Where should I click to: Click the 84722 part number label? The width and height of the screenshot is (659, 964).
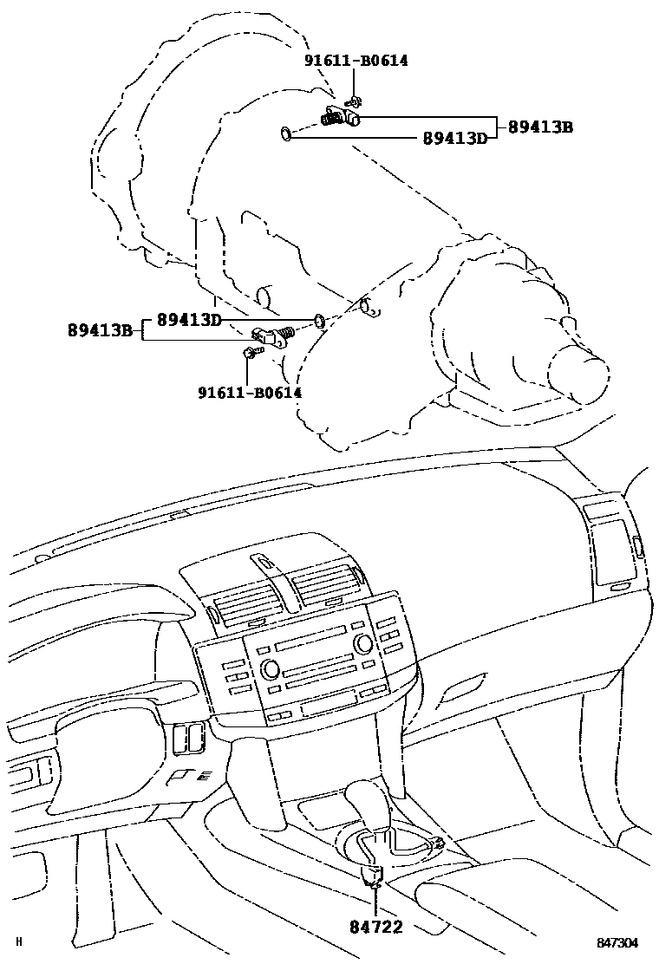tap(377, 928)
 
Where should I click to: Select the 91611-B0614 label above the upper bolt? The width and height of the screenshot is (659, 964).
tap(356, 61)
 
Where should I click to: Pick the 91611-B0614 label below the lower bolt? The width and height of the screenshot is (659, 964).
tap(249, 392)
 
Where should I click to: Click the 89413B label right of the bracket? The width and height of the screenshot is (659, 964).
tap(540, 127)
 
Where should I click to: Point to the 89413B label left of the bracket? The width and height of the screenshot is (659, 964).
tap(101, 329)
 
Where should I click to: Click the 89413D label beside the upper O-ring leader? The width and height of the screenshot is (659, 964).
tap(454, 138)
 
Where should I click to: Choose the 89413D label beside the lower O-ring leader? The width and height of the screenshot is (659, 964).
tap(189, 320)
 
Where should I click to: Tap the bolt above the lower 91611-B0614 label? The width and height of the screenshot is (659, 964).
tap(248, 352)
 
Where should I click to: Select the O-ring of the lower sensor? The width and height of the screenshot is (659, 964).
tap(319, 321)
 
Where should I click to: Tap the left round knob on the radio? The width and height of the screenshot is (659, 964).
tap(268, 668)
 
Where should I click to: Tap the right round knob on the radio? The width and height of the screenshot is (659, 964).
tap(364, 643)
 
